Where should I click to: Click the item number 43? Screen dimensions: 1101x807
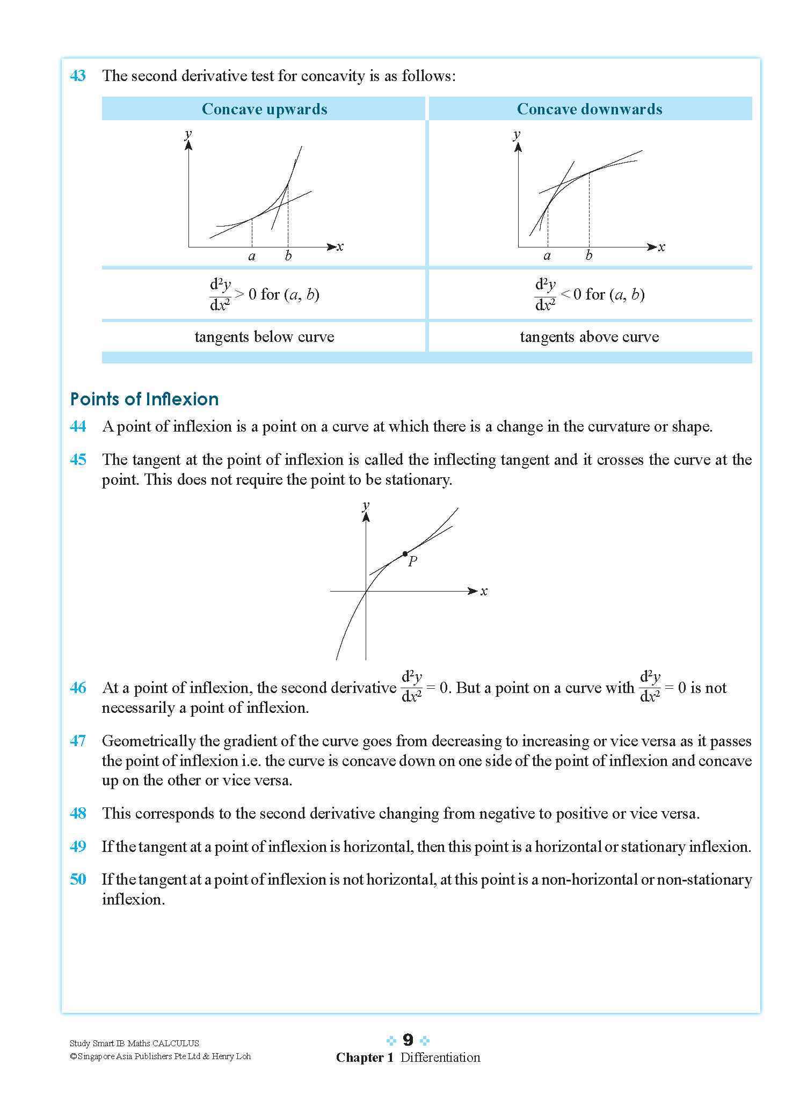click(x=78, y=76)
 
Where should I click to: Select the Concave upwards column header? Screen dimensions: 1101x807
click(x=264, y=109)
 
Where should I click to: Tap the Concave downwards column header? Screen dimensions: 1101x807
click(x=589, y=109)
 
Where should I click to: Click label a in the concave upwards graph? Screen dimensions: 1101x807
click(x=252, y=257)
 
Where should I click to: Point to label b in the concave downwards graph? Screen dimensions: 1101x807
click(x=588, y=256)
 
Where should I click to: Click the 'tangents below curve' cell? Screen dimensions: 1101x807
click(x=264, y=337)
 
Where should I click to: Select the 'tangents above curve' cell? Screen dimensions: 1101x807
click(x=589, y=337)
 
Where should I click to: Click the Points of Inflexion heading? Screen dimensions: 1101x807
click(x=144, y=399)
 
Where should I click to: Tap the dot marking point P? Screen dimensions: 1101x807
click(x=405, y=553)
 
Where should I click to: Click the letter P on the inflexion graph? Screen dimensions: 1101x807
click(x=412, y=562)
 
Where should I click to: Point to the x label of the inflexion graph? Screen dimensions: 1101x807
click(x=484, y=592)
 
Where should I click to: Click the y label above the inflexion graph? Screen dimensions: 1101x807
click(x=366, y=505)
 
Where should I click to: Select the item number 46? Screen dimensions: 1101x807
click(x=78, y=688)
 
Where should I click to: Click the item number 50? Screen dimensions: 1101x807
click(x=78, y=879)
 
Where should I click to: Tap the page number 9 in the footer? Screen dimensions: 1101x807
click(x=408, y=1040)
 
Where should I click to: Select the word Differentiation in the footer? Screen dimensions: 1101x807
click(x=440, y=1058)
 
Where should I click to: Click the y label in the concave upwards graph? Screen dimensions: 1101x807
click(x=188, y=134)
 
